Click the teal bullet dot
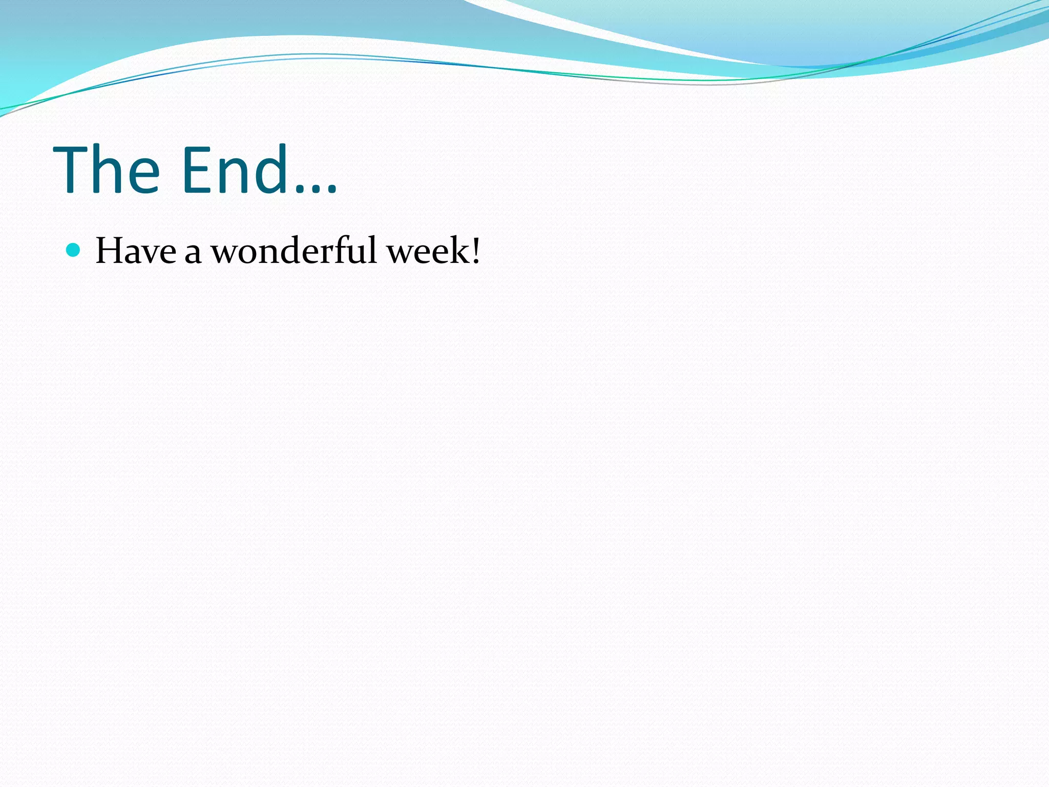click(x=74, y=250)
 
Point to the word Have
click(x=136, y=251)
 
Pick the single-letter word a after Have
click(x=193, y=254)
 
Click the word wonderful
click(x=294, y=251)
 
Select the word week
click(x=428, y=251)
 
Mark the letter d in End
click(x=271, y=169)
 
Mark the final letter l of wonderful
click(x=373, y=250)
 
